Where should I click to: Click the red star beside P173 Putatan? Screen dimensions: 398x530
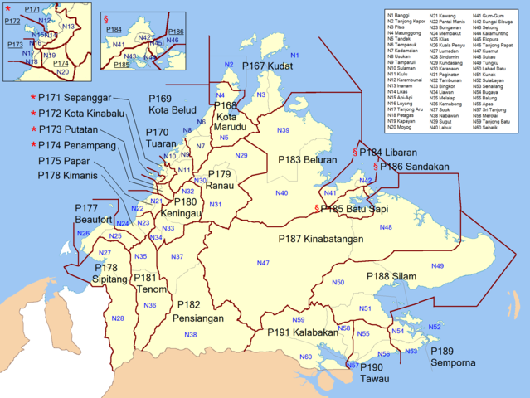(x=33, y=130)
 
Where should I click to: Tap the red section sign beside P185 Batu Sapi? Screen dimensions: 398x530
(x=316, y=208)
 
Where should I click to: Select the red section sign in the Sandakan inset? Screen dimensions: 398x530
(x=106, y=17)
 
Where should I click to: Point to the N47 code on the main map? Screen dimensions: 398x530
(x=262, y=263)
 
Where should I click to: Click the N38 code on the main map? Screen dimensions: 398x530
(x=190, y=334)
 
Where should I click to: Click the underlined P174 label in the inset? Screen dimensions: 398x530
(x=61, y=62)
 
